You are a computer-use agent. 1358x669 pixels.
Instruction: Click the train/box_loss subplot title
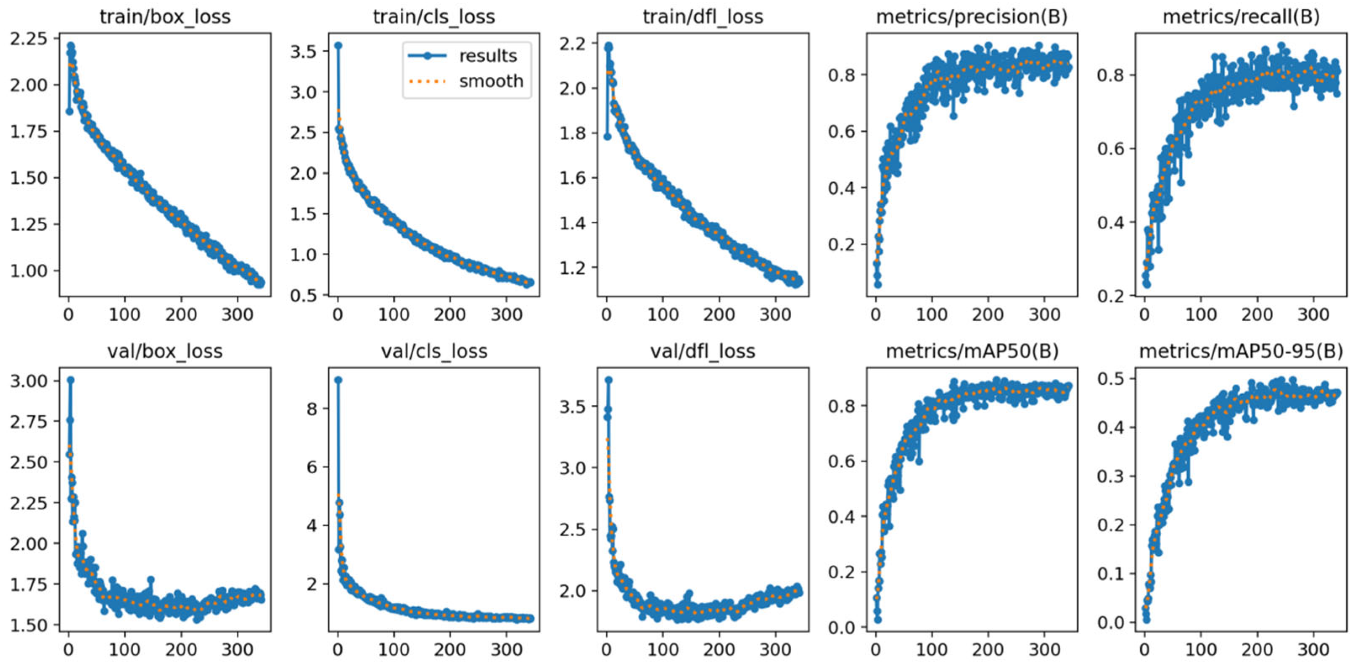165,17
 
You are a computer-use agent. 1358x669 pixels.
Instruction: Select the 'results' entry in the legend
488,56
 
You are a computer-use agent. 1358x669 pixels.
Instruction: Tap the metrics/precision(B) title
972,17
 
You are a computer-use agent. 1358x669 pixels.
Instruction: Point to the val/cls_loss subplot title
434,352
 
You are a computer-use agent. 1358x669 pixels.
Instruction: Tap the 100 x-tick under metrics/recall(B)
1201,315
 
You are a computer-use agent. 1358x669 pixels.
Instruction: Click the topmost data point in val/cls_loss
338,380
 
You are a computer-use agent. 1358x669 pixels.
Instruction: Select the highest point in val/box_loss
70,380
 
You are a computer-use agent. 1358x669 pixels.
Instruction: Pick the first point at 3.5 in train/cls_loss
338,46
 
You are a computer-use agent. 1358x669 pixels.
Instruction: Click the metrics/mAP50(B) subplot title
972,352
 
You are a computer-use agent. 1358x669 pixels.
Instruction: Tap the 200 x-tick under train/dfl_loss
719,315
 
